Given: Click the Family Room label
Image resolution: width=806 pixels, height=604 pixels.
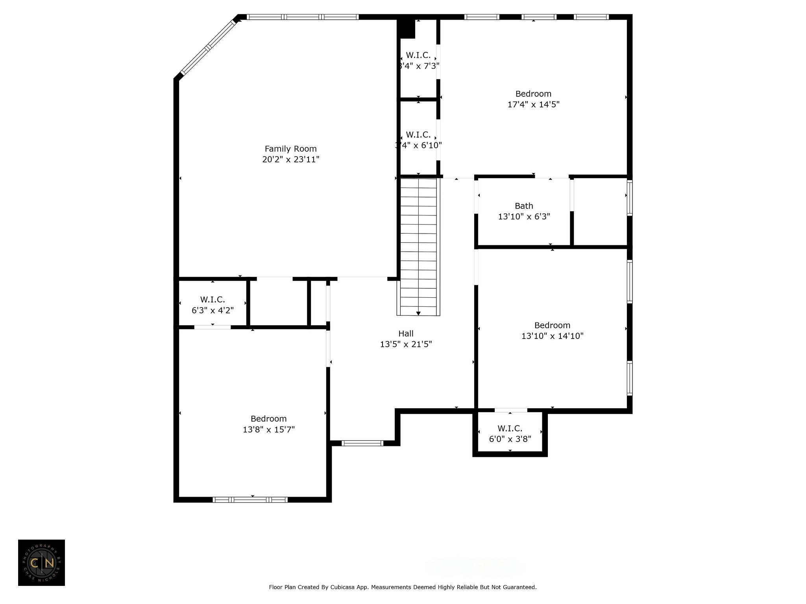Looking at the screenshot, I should click(x=290, y=149).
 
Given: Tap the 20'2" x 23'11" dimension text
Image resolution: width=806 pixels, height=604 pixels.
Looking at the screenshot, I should click(x=290, y=159).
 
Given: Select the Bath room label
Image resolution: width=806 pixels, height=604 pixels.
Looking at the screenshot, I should click(x=524, y=206).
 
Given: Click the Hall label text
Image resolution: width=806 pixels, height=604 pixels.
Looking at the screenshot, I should click(x=406, y=333).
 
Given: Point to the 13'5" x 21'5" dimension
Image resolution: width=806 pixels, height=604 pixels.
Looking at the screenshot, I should click(x=406, y=344).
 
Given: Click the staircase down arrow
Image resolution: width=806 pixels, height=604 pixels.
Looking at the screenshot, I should click(x=418, y=313).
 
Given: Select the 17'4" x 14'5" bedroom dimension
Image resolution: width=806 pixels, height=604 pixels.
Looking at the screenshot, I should click(x=533, y=104).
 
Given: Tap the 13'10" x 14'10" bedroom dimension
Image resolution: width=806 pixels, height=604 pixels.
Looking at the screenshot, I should click(x=552, y=336).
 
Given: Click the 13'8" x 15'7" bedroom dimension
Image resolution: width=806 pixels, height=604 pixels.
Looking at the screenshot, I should click(x=268, y=429).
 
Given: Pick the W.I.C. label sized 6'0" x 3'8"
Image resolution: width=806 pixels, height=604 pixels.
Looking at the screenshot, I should click(x=510, y=428).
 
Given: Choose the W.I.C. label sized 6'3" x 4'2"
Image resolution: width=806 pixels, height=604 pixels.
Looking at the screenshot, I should click(x=213, y=300).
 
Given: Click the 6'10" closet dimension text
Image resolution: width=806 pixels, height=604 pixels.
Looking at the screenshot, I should click(x=418, y=145).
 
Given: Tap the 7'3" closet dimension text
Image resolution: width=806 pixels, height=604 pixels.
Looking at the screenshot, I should click(x=418, y=66).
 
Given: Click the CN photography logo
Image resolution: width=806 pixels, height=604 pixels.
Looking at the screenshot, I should click(x=41, y=563).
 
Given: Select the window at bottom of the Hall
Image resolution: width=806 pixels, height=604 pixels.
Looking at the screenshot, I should click(x=362, y=443).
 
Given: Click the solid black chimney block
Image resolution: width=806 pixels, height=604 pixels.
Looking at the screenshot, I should click(x=407, y=29).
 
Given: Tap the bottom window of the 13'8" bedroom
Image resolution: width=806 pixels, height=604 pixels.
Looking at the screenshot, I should click(x=250, y=500).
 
